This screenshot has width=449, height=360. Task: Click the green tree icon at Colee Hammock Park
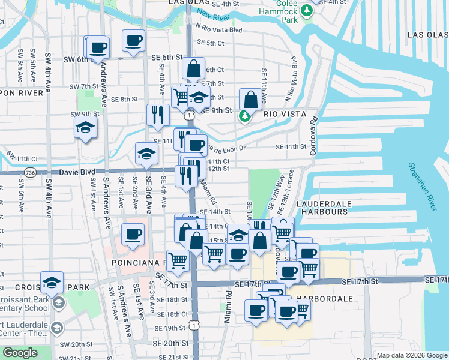307,10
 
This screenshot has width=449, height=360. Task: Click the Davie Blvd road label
77,172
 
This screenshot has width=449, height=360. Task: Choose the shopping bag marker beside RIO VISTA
250,100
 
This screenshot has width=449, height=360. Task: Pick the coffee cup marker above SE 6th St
134,41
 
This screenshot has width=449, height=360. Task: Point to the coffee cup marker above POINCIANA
133,235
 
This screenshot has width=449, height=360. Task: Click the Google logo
20,353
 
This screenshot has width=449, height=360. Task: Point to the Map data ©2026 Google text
410,355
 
